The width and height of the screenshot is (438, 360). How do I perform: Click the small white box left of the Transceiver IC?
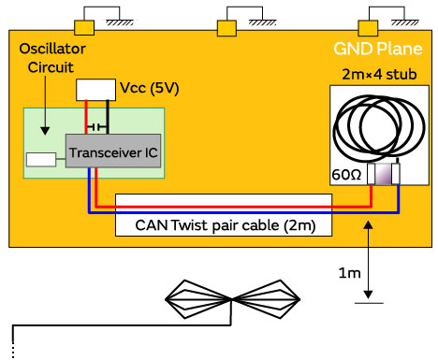(42, 159)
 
